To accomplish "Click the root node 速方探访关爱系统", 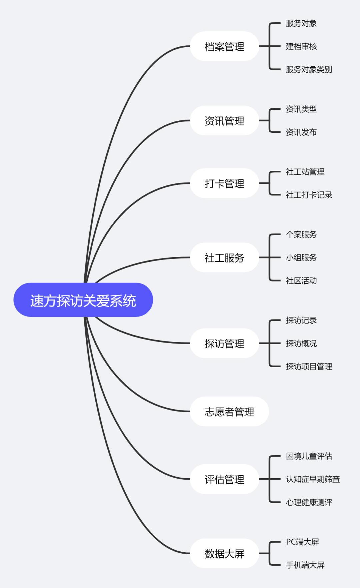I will coord(83,300).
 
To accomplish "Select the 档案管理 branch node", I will coord(224,46).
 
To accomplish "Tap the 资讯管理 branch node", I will coord(224,121).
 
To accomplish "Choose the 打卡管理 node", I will coord(224,183).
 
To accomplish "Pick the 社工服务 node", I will coord(224,257).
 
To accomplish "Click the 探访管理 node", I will coord(224,344).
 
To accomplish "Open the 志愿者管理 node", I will coord(229,412).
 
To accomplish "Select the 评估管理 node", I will coord(224,479).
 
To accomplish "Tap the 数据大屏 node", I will coord(224,554).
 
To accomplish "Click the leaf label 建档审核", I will coord(301,46).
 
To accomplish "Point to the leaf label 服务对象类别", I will coord(309,69).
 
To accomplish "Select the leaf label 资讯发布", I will coord(301,132).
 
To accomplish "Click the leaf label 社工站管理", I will coord(305,172).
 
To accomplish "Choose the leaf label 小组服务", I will coord(301,257).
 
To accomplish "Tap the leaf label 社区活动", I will coord(301,280).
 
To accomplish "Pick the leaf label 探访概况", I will coord(301,343).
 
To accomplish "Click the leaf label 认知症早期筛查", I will coord(313,479).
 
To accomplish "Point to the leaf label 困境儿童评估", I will coord(309,456).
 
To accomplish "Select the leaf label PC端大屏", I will coord(302,542).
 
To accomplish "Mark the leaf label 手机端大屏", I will coord(305,565).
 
